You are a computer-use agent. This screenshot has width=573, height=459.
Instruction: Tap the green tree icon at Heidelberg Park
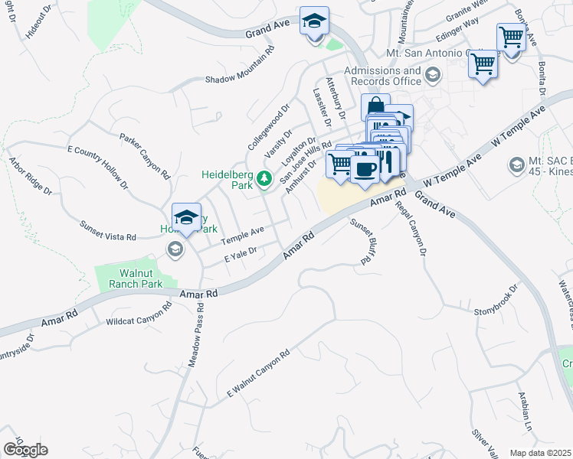(x=264, y=179)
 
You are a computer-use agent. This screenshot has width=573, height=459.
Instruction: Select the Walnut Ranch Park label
(x=129, y=278)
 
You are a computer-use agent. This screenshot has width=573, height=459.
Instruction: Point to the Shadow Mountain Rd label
(x=239, y=80)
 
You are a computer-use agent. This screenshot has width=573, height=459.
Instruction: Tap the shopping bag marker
(x=375, y=107)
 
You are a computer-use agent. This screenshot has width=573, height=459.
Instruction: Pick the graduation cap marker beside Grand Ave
(x=313, y=22)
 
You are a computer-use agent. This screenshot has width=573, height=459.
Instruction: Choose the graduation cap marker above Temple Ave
(x=186, y=218)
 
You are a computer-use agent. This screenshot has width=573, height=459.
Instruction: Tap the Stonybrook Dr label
(x=496, y=301)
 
